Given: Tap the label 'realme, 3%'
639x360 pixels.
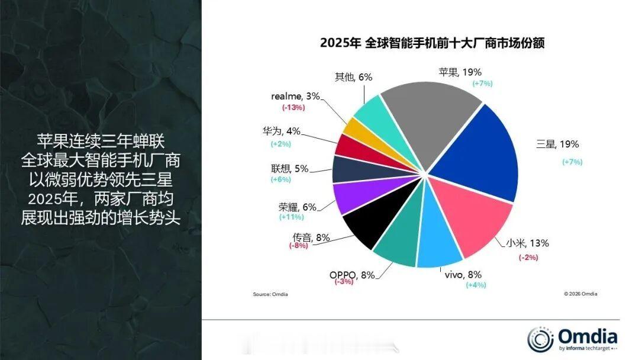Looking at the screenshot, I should tap(296, 96).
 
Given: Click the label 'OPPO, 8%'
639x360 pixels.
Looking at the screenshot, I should tap(351, 275).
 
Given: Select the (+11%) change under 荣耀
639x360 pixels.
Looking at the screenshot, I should tap(292, 217).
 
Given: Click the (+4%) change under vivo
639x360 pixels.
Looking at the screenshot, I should tap(475, 285).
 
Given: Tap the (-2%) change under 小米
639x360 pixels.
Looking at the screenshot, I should tap(528, 256).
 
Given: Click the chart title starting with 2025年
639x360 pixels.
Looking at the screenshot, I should tap(432, 43).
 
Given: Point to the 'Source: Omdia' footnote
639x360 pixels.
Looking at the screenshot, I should tap(270, 294).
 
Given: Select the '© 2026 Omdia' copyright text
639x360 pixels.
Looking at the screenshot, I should tap(580, 294).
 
